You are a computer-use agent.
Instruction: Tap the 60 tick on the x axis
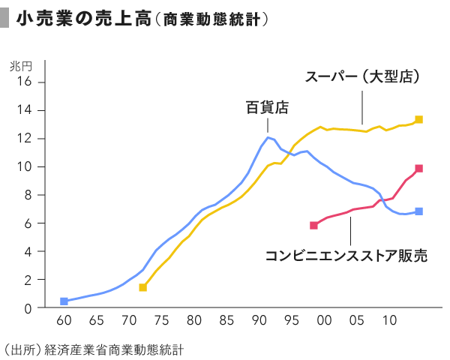click(x=64, y=321)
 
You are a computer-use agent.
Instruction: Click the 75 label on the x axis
click(x=161, y=321)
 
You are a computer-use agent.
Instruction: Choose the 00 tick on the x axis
click(x=324, y=321)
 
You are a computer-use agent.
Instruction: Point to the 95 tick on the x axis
click(x=292, y=321)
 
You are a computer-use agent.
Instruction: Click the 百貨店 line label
click(x=268, y=107)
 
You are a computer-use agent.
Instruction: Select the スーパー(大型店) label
click(x=361, y=77)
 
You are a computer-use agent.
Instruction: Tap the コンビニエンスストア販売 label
click(x=346, y=256)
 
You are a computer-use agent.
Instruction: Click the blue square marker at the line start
click(x=64, y=301)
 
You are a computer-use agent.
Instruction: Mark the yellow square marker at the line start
click(x=142, y=287)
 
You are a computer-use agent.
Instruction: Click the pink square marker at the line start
click(x=313, y=225)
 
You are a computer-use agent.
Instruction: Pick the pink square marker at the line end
click(x=419, y=169)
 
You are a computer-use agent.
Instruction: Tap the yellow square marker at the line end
click(x=419, y=119)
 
